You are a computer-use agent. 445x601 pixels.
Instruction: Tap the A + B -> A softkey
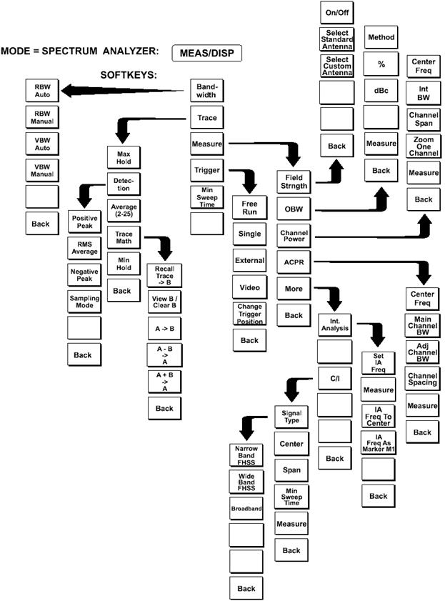(164, 379)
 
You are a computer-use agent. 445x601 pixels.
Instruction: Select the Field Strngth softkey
(294, 182)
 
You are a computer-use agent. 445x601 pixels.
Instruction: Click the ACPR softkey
(294, 262)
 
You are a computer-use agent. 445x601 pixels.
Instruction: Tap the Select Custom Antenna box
(336, 66)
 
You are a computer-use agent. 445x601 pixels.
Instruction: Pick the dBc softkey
(381, 91)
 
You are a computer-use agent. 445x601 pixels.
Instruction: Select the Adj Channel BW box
(422, 351)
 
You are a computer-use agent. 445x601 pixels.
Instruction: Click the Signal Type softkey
(291, 417)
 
